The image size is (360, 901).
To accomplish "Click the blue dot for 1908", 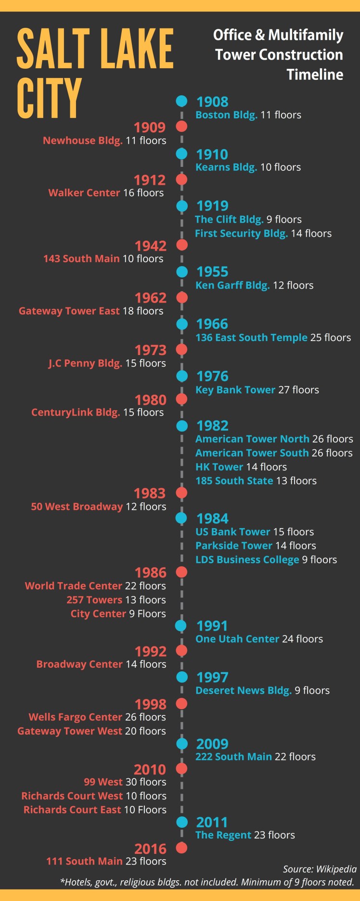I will click(x=181, y=101).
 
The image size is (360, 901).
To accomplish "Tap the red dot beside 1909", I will click(x=181, y=127).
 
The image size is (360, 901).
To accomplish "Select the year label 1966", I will click(x=212, y=324).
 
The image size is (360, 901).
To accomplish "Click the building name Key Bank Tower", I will click(x=235, y=390).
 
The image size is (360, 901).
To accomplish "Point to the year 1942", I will click(x=151, y=246).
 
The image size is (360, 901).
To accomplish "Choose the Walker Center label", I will click(x=84, y=193).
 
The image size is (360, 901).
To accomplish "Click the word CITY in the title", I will click(x=49, y=98).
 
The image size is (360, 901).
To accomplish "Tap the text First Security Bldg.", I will click(x=241, y=233).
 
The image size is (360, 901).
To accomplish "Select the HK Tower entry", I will click(x=219, y=467).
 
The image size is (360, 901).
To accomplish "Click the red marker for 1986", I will click(x=181, y=572).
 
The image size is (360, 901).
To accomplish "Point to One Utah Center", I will click(x=237, y=639).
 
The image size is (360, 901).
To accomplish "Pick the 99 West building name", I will click(x=103, y=782).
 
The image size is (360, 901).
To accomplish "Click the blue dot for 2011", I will click(x=181, y=822).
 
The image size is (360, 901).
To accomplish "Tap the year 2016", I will click(x=150, y=849).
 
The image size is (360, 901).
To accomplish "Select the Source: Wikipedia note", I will click(x=320, y=869).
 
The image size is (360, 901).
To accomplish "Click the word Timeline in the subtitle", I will click(x=315, y=75).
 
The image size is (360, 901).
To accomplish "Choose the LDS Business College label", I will click(x=247, y=559).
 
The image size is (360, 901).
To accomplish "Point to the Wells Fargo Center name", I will click(x=76, y=717).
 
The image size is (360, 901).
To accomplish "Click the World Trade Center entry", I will click(x=74, y=586).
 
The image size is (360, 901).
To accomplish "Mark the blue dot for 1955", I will click(x=181, y=272).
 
